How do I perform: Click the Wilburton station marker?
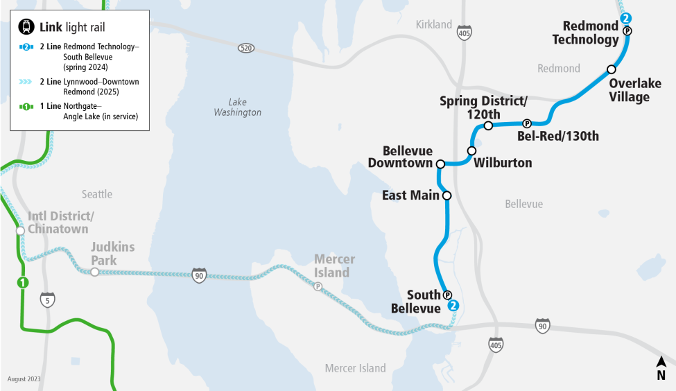click(x=472, y=150)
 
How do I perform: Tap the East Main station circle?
click(x=447, y=195)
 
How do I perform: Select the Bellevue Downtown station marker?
click(x=440, y=164)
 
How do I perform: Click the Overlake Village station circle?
click(x=611, y=69)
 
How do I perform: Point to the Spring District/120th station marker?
click(x=488, y=125)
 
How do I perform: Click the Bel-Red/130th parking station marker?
click(x=526, y=123)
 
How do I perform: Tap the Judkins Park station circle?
click(x=94, y=272)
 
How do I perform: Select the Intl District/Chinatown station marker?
click(x=20, y=230)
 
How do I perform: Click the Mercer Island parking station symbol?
click(x=318, y=286)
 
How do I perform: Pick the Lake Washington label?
click(x=237, y=107)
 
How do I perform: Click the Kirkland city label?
click(x=433, y=25)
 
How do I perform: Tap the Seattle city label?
click(x=96, y=194)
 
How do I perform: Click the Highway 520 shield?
click(x=245, y=48)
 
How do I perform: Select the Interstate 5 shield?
click(x=47, y=299)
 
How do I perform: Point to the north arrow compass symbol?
click(x=661, y=367)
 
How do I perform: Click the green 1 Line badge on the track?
click(x=23, y=282)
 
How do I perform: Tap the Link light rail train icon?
click(x=26, y=27)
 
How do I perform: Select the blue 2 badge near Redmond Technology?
click(x=626, y=19)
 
